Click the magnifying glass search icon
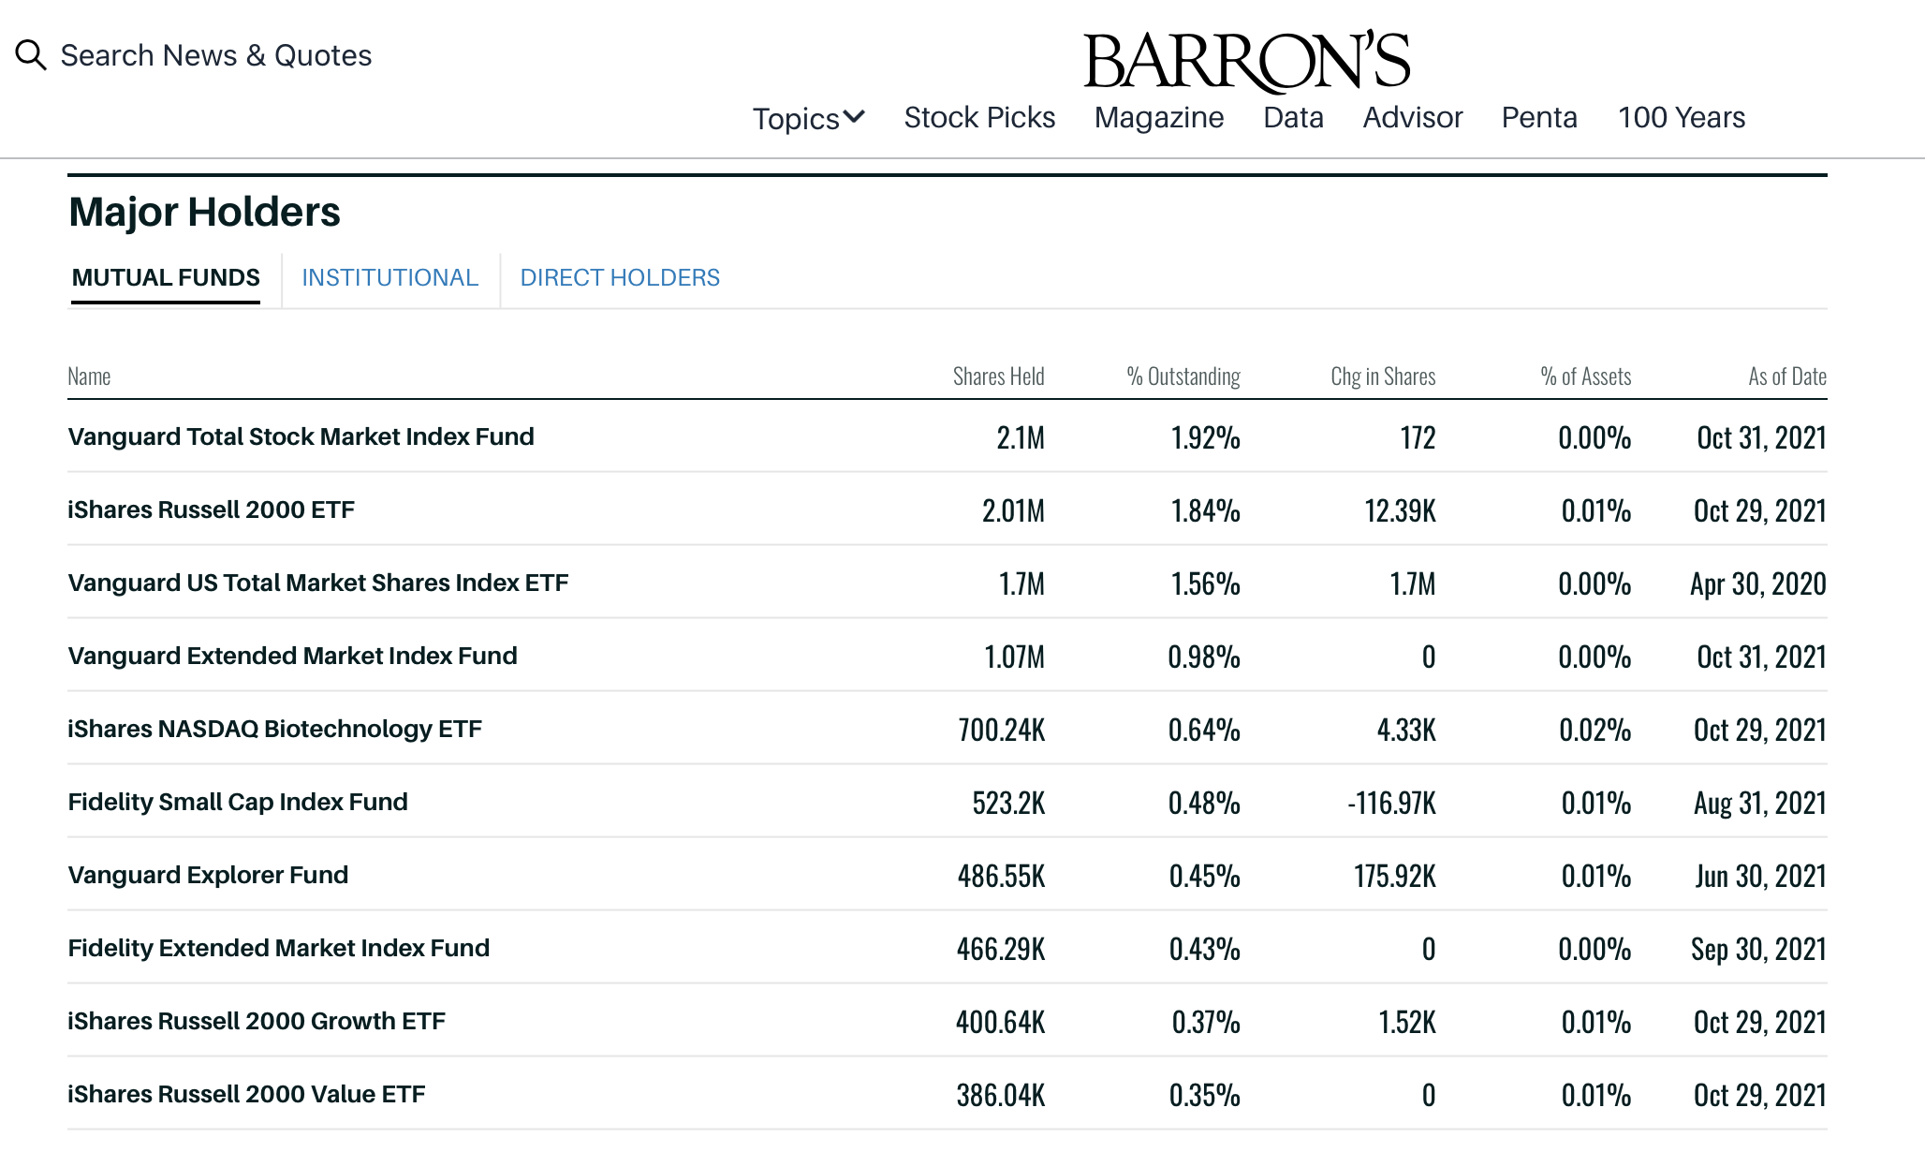[x=31, y=55]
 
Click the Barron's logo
[x=1246, y=61]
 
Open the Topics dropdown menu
[x=809, y=118]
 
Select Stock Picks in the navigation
[x=979, y=118]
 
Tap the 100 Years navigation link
[x=1682, y=118]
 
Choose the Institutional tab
[x=389, y=278]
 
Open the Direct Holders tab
[x=620, y=278]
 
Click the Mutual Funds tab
[x=166, y=278]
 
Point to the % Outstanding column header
[x=1183, y=377]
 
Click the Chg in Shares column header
[x=1383, y=377]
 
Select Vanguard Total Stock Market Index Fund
[x=301, y=437]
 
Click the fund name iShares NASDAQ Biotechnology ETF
[x=274, y=730]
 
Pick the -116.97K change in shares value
[x=1391, y=804]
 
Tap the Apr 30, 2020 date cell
[x=1757, y=584]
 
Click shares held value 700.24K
[x=1001, y=731]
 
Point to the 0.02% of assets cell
[x=1594, y=731]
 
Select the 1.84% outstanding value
[x=1205, y=511]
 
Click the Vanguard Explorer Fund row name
[x=208, y=876]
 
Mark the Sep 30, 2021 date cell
[x=1757, y=950]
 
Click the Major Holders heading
[x=204, y=213]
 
